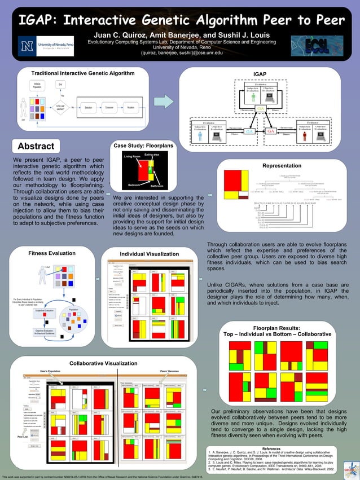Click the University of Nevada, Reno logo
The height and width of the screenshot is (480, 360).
[45, 45]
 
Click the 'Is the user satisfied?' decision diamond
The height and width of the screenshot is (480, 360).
[60, 107]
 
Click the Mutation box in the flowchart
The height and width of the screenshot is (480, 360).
[131, 107]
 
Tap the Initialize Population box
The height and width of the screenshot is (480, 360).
[37, 86]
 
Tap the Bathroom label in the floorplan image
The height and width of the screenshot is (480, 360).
[156, 186]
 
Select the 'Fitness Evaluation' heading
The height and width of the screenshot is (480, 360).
[52, 253]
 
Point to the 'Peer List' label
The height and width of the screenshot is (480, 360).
[23, 437]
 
